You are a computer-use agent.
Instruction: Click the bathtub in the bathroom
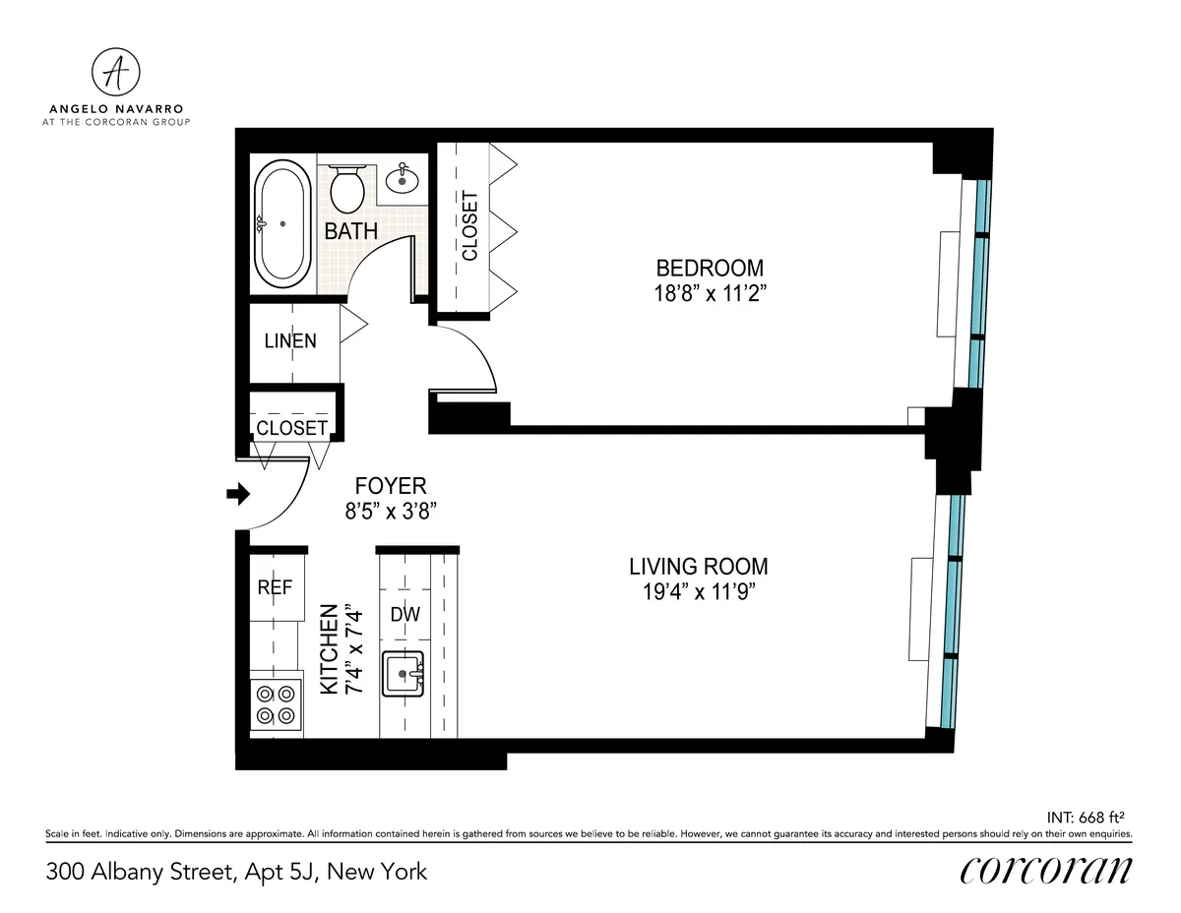[282, 224]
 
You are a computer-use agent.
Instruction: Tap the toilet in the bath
[346, 188]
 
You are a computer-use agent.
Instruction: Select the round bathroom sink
[402, 180]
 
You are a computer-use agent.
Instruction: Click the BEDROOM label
[710, 268]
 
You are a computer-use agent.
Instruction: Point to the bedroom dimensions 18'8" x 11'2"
[710, 292]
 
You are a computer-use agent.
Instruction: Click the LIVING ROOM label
[699, 567]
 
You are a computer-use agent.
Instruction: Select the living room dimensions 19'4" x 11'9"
[699, 591]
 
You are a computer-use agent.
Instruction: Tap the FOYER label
[391, 486]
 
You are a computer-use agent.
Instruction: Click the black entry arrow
[238, 494]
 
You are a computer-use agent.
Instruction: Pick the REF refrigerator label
[275, 587]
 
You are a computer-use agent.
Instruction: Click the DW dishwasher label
[404, 615]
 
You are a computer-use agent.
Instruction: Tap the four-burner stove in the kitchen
[276, 703]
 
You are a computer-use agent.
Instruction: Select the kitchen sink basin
[403, 674]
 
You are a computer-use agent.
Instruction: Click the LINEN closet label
[290, 341]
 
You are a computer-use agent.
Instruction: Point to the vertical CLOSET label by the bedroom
[469, 225]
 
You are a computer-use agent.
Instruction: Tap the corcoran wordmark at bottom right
[1045, 870]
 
